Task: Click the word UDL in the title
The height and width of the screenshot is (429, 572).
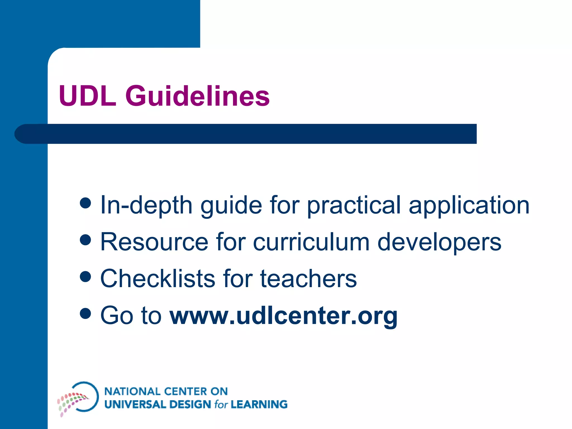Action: point(87,96)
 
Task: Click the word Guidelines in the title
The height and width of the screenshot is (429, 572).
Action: point(197,96)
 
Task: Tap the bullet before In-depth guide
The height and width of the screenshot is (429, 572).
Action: point(85,203)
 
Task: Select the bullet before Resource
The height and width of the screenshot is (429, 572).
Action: point(85,240)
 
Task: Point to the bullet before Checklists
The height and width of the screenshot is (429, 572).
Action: point(85,277)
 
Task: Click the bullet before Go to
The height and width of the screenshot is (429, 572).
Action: point(85,313)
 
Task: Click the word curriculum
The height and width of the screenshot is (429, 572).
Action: point(311,242)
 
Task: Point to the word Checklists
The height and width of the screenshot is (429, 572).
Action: point(158,278)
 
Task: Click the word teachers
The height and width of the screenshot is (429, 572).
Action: point(308,279)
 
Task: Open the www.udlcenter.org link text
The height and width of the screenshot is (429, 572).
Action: point(283,316)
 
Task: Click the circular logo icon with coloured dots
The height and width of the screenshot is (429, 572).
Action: point(78,398)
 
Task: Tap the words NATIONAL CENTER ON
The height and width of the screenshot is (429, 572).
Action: point(166,391)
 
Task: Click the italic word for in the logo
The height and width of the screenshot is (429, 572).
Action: point(221,404)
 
